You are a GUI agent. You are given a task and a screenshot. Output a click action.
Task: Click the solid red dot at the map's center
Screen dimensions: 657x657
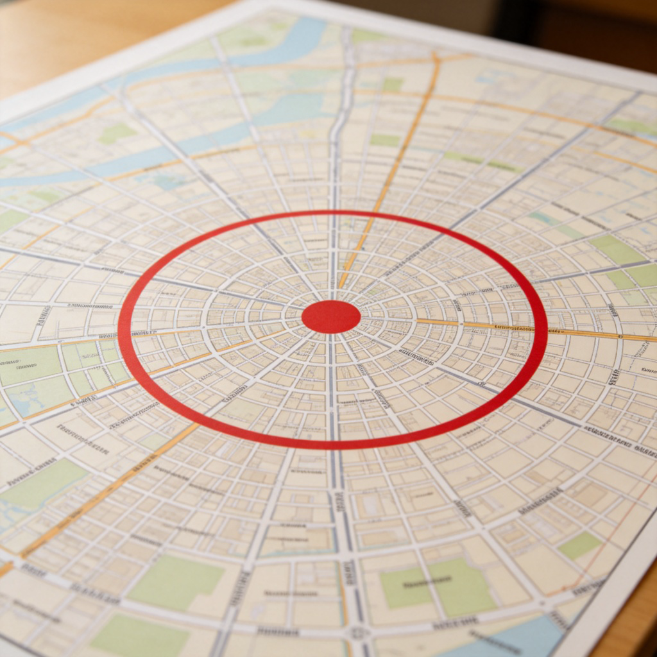(331, 317)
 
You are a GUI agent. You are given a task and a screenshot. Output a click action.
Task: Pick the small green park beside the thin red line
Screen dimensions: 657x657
(579, 545)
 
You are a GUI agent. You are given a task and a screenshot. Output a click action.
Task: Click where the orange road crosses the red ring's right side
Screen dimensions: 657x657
(543, 331)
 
